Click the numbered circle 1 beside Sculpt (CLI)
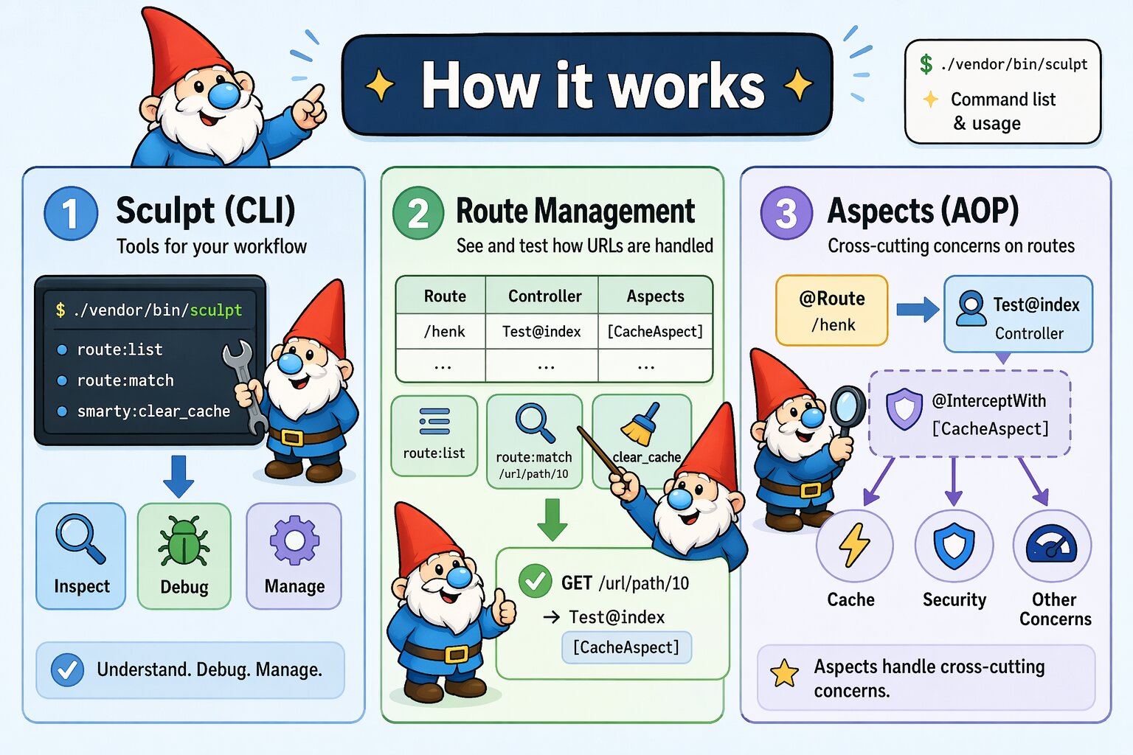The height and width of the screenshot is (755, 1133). click(x=71, y=214)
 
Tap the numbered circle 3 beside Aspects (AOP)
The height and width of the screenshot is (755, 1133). click(x=786, y=213)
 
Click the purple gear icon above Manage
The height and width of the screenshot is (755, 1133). click(x=294, y=540)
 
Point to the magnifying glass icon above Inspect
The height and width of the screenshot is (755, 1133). click(x=80, y=540)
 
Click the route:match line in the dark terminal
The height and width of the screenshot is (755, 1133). click(x=125, y=380)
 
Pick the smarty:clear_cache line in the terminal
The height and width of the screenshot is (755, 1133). click(x=153, y=411)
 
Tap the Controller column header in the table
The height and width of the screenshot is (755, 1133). click(x=544, y=296)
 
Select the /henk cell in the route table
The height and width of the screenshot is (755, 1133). click(x=444, y=332)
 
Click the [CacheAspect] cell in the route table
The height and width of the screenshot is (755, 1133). click(x=655, y=332)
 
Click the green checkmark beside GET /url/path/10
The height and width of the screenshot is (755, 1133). click(x=535, y=582)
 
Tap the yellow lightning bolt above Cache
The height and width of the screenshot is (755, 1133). click(x=854, y=546)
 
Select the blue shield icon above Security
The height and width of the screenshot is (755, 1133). click(x=954, y=546)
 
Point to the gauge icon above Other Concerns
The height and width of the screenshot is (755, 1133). click(x=1052, y=546)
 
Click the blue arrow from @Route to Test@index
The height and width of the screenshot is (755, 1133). click(x=917, y=309)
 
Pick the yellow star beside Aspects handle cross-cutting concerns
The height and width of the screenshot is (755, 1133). click(x=784, y=673)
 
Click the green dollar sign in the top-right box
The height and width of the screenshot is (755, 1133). click(x=926, y=64)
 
